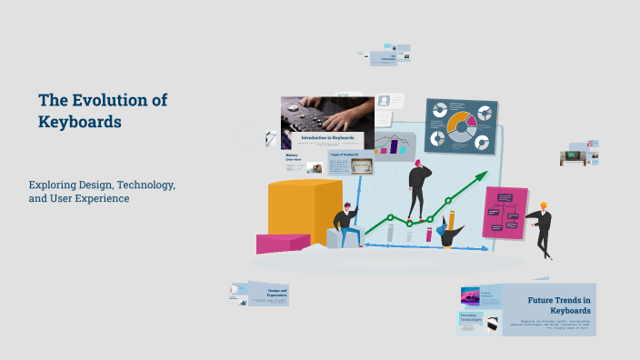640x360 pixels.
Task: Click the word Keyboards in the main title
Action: coord(80,121)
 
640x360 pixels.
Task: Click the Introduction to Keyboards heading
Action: coord(327,138)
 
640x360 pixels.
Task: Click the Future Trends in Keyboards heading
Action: coord(560,305)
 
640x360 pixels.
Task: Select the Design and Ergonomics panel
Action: coord(268,294)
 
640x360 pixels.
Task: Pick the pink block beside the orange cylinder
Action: coord(282,243)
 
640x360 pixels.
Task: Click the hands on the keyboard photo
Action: coord(327,114)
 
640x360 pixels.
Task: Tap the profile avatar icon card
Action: coord(385,101)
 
